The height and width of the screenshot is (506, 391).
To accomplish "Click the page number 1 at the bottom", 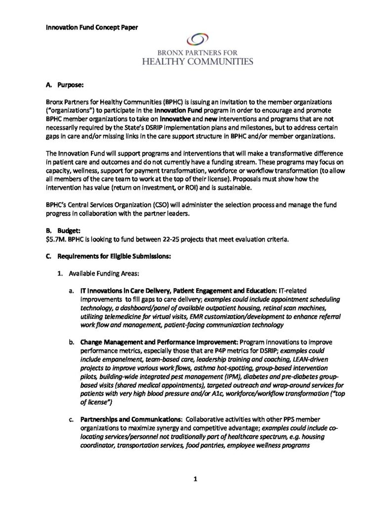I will coord(196,479).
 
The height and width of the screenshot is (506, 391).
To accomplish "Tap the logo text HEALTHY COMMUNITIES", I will coord(197,61).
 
